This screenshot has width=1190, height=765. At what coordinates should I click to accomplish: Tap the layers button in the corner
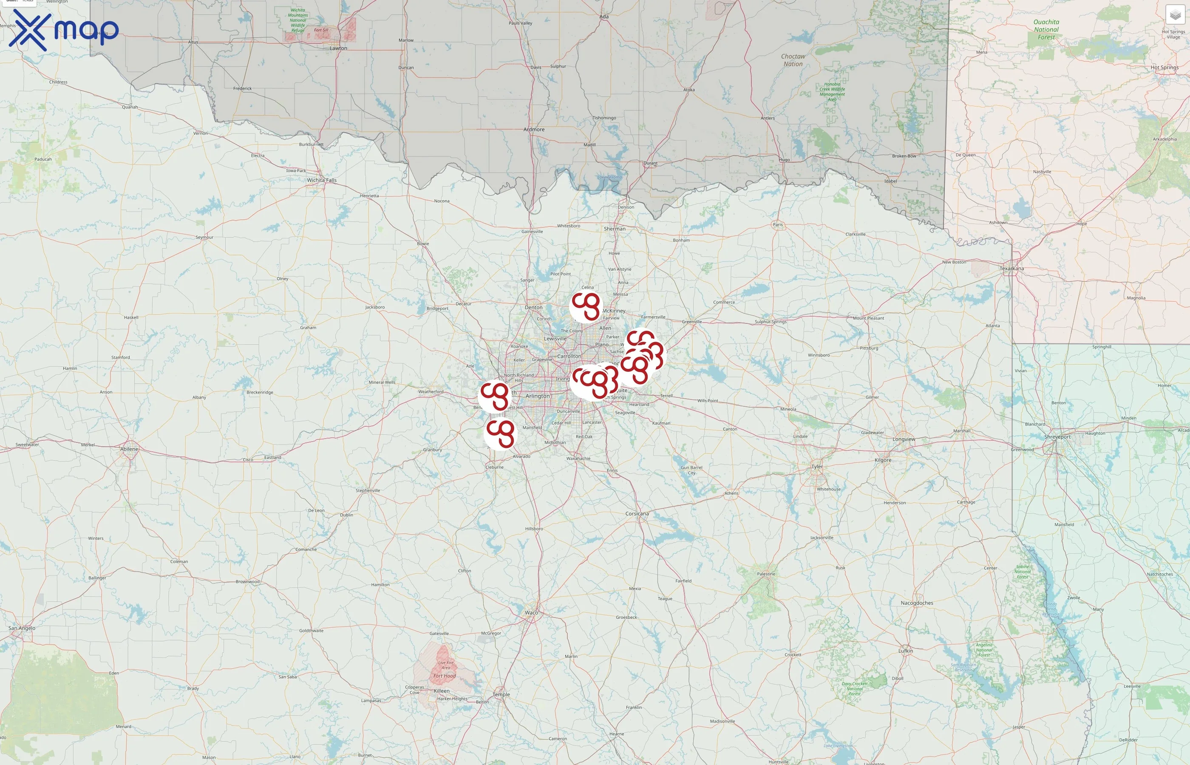[1175, 15]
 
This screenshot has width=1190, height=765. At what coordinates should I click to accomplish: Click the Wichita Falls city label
[321, 180]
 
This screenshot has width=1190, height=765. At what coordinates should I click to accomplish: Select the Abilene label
[129, 449]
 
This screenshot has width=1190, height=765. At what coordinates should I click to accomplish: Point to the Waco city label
[531, 612]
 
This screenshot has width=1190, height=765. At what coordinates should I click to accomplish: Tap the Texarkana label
[1011, 269]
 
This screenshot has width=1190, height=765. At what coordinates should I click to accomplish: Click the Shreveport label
[1057, 437]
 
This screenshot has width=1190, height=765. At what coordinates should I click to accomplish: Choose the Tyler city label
[816, 467]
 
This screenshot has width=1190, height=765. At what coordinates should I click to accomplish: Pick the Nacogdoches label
[916, 603]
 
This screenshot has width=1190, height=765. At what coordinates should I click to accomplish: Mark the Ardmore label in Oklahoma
[534, 130]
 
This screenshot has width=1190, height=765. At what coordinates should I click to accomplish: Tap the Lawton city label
[338, 48]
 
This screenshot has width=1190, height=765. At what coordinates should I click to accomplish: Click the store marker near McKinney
[586, 306]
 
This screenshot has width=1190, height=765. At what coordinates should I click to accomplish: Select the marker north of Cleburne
[500, 433]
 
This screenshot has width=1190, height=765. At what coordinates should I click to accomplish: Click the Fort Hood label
[444, 676]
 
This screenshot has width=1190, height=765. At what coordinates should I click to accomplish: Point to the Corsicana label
[637, 514]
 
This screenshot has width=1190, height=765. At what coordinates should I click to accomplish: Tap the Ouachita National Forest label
[1046, 29]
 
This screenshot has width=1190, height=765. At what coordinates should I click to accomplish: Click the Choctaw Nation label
[793, 60]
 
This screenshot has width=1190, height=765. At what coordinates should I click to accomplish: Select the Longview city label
[904, 439]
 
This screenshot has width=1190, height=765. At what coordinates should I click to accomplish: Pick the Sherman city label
[615, 229]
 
